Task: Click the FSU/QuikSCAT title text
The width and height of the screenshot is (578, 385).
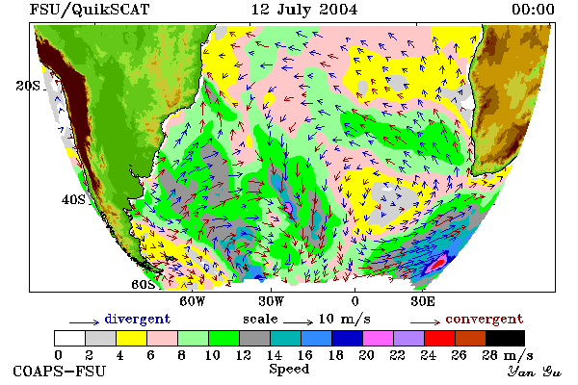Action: tap(90, 10)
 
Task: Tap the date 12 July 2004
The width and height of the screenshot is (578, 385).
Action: tap(304, 10)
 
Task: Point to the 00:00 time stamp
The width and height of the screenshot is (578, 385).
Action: tap(533, 10)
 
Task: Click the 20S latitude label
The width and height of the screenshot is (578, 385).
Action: tap(28, 86)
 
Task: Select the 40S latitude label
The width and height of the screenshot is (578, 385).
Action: tap(73, 199)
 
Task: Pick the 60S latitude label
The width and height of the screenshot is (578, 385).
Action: tap(144, 285)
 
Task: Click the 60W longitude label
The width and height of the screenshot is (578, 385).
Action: tap(192, 301)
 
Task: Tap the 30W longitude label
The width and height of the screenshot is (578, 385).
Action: tap(272, 301)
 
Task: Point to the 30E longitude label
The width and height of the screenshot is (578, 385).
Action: tap(423, 301)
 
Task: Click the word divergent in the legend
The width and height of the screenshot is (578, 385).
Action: tap(138, 319)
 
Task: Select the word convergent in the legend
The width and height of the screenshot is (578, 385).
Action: tap(485, 319)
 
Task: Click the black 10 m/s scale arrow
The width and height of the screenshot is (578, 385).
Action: tap(299, 322)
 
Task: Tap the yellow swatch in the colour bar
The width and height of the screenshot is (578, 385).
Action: tap(131, 338)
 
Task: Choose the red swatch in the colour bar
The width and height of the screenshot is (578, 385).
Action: tap(439, 338)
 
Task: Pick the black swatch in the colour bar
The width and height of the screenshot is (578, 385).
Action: tap(505, 338)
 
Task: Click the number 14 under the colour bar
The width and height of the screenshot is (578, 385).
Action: tap(274, 355)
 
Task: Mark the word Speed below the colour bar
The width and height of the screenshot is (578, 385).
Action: tap(289, 370)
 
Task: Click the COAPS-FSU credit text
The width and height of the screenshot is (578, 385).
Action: tap(60, 371)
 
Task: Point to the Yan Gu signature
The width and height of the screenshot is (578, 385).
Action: tap(534, 372)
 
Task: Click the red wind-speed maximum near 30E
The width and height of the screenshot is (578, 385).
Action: tap(438, 263)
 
